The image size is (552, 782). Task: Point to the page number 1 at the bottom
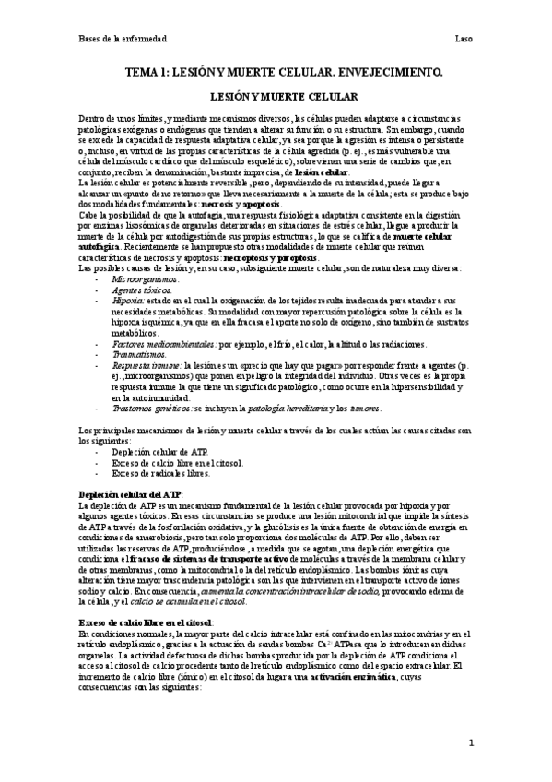tap(470, 741)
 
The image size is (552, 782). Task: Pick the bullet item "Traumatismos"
tap(135, 354)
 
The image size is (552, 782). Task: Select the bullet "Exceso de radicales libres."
tap(157, 472)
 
